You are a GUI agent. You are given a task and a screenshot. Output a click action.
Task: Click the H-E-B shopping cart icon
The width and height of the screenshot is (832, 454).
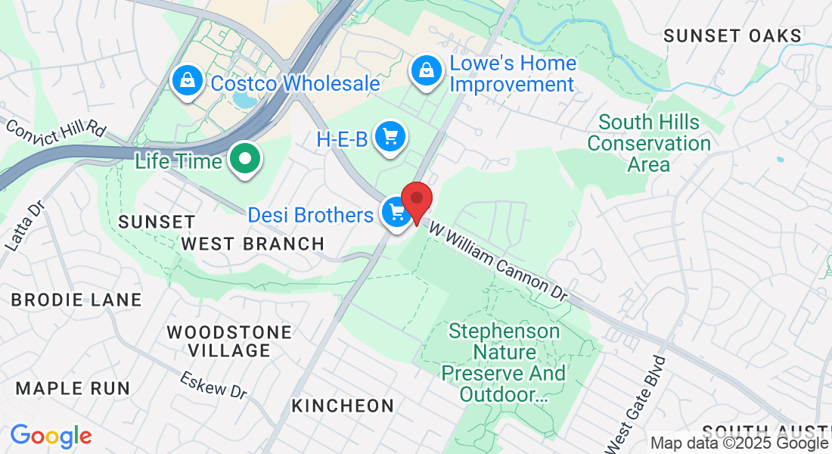pos(390,138)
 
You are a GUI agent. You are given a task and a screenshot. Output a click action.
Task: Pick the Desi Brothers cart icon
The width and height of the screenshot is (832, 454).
pos(396,213)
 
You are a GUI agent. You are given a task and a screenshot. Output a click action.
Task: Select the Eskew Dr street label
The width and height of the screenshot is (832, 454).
pos(214,385)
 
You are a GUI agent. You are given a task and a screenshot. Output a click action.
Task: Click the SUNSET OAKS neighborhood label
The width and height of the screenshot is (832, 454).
pos(732,36)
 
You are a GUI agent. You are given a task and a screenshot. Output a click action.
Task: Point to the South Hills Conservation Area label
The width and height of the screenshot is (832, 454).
pos(649,143)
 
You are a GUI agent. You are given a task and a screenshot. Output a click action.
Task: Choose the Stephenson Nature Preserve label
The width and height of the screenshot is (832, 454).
pos(503,362)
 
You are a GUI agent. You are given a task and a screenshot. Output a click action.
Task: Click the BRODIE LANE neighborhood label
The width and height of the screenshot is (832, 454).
pos(76,300)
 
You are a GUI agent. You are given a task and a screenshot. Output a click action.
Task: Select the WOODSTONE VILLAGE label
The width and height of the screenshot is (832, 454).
pos(229,341)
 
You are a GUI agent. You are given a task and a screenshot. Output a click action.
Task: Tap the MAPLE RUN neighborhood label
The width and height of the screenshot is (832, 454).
pos(73,388)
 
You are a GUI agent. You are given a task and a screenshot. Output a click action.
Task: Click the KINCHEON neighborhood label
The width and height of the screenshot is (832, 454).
pos(343,406)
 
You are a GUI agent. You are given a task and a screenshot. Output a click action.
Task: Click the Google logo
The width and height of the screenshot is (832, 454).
pos(51,436)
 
